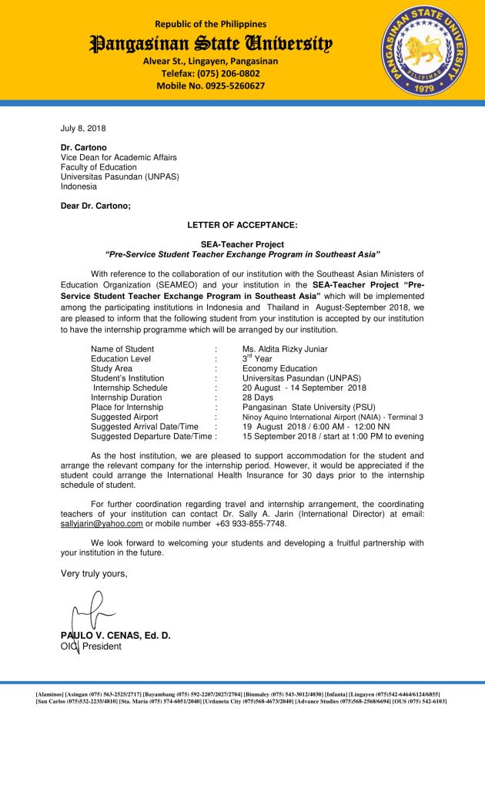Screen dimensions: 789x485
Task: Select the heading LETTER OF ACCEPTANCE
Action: tap(242, 225)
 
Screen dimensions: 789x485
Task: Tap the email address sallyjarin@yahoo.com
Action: tap(102, 524)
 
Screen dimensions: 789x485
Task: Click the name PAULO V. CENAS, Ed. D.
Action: tap(115, 636)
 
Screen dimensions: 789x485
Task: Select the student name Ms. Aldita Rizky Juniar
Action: tap(286, 349)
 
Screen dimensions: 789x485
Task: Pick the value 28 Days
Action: tap(258, 398)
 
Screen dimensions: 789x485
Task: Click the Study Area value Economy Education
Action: tap(279, 368)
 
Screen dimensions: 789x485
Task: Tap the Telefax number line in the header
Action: tap(210, 73)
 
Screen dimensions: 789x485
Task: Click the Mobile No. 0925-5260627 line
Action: tap(210, 86)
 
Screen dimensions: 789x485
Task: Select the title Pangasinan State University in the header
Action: tap(210, 43)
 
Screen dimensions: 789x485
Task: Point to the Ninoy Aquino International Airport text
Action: tap(333, 417)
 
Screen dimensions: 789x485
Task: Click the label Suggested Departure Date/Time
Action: tap(152, 436)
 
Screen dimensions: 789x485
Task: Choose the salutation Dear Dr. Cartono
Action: tap(95, 205)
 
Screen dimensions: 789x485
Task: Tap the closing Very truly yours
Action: tap(94, 573)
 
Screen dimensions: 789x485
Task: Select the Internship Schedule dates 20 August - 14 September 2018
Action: tap(304, 388)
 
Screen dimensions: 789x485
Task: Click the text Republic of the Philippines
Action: tap(210, 25)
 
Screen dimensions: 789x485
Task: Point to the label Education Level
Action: tap(121, 359)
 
